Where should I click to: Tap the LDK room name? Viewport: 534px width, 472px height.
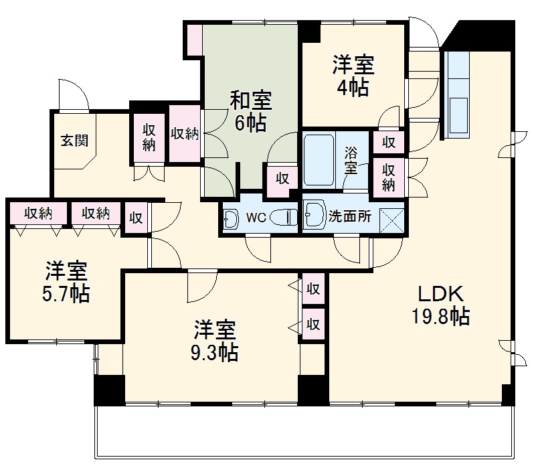440,293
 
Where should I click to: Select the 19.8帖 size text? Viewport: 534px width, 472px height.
440,315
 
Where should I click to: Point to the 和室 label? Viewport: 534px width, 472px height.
251,100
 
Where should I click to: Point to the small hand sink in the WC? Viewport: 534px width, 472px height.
231,218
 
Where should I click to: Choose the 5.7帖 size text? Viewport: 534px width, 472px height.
66,293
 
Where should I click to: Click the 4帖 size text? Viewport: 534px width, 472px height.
353,88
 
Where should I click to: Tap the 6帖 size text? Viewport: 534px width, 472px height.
250,123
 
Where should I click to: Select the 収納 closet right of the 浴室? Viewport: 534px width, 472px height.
389,175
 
